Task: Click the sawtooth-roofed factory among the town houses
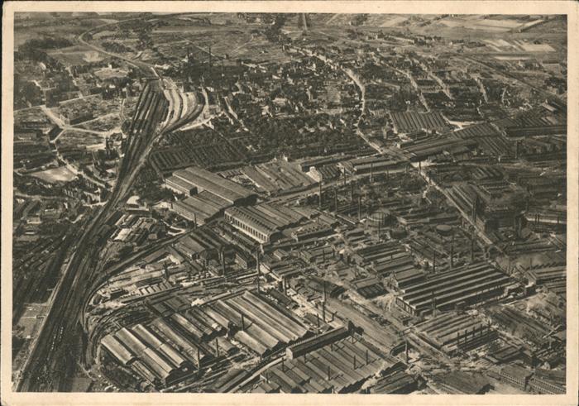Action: (418, 122)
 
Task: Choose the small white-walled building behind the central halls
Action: (314, 174)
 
